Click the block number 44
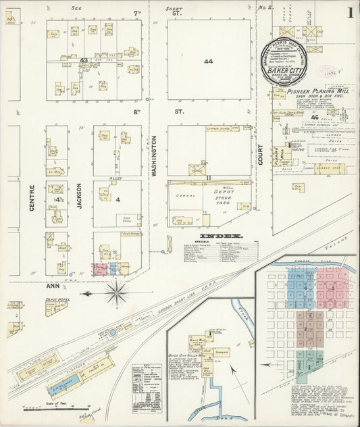click(209, 61)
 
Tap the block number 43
click(84, 61)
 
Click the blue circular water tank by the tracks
click(112, 332)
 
